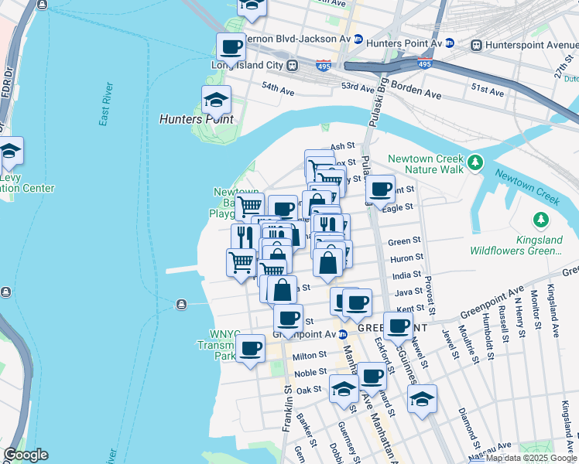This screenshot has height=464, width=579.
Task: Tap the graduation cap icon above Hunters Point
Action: pyautogui.click(x=216, y=100)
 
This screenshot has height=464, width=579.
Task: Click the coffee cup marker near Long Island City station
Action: pyautogui.click(x=231, y=48)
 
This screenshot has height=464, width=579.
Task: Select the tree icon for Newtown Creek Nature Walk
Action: pyautogui.click(x=475, y=163)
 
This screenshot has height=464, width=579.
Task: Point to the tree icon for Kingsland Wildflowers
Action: pyautogui.click(x=541, y=220)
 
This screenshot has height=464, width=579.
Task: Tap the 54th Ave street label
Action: pyautogui.click(x=278, y=89)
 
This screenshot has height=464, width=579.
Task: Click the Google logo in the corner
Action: pyautogui.click(x=26, y=455)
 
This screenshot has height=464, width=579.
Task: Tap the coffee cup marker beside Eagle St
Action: pyautogui.click(x=379, y=189)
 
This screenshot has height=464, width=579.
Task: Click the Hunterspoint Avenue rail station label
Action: pyautogui.click(x=539, y=45)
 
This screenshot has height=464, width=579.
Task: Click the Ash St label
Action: pyautogui.click(x=341, y=145)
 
